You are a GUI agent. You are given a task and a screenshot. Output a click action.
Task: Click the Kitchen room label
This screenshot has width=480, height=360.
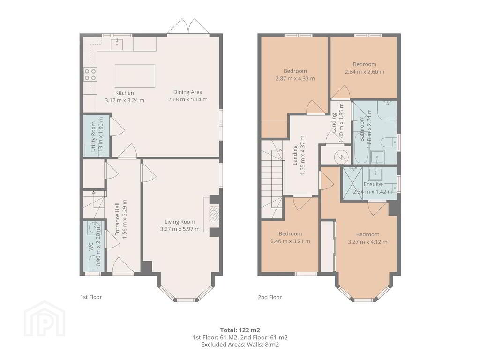pos(124,93)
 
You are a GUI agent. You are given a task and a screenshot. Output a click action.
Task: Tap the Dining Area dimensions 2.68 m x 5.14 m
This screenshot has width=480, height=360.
pos(187,99)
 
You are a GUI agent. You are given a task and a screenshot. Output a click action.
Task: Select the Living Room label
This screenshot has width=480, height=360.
pos(180,222)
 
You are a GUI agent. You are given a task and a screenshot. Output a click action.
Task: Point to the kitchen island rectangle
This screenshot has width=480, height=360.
pos(135,75)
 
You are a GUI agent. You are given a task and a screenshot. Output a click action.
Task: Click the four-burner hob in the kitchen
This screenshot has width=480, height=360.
pos(90,75)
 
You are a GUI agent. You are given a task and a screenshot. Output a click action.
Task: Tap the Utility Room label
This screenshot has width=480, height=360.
pos(93,136)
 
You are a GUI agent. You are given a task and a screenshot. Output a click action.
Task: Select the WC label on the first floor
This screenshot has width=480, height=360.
pos(91,247)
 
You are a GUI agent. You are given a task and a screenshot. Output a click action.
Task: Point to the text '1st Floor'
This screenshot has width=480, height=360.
pos(91,297)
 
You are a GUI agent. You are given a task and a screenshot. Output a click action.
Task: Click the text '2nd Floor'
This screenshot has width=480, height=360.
pos(270,297)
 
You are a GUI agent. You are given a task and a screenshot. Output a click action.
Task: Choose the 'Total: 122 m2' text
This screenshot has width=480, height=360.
pos(240,330)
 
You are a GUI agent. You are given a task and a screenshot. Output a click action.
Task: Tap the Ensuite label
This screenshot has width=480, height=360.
pos(373,184)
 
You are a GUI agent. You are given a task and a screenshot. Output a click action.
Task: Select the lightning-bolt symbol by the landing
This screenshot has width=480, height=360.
pos(340,157)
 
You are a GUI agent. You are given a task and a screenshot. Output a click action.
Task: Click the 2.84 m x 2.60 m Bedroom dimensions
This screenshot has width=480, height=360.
pos(364,72)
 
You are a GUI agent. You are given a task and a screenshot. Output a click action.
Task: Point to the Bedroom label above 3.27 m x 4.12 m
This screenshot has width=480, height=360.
pos(367,234)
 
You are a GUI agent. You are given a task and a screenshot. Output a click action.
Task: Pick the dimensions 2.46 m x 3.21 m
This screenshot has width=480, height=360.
pos(290,241)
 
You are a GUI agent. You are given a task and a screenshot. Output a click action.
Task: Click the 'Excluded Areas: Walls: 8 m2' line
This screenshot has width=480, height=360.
pos(240,345)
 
